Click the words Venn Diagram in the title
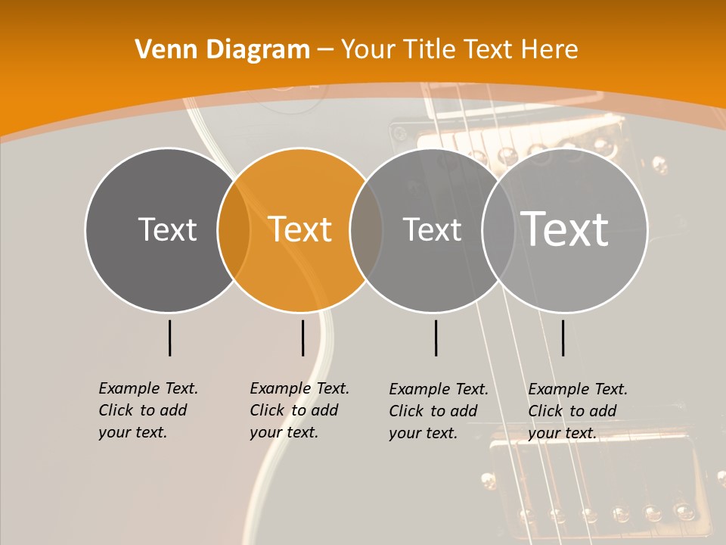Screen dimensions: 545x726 tap(222, 50)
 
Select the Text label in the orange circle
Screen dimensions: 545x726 tap(300, 229)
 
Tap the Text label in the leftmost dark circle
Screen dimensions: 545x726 tap(167, 229)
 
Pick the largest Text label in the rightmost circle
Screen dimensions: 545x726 tap(565, 229)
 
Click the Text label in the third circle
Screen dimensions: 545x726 tap(432, 229)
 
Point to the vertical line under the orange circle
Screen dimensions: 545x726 tap(302, 338)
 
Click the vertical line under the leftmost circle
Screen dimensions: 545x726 tap(169, 338)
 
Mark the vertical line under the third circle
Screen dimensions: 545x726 tap(436, 338)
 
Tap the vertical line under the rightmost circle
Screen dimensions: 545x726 tap(563, 338)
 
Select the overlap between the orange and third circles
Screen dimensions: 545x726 tap(366, 230)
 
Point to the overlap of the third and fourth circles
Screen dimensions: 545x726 tap(498, 230)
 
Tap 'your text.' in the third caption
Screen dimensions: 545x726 tap(423, 433)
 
